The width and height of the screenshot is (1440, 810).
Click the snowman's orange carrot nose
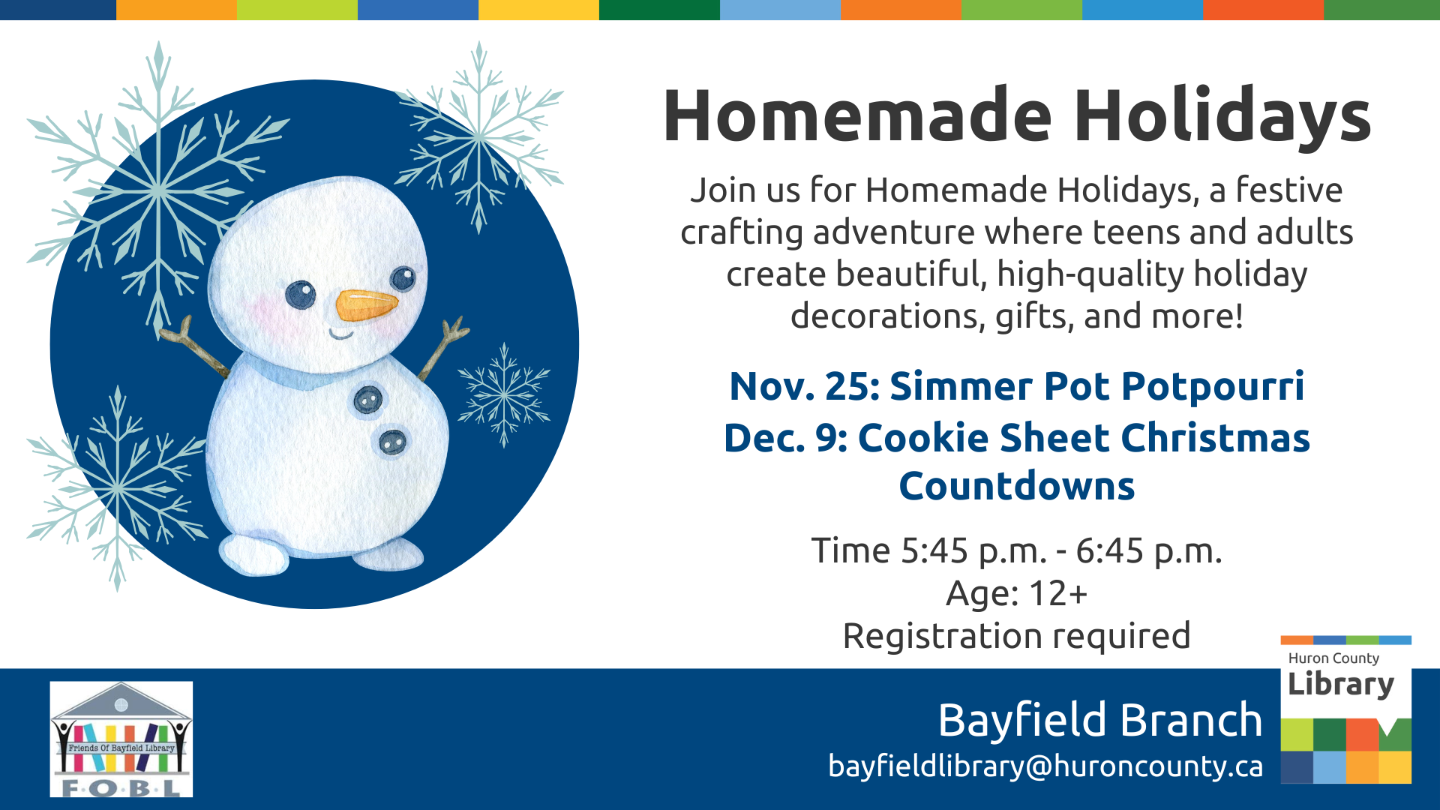(x=366, y=305)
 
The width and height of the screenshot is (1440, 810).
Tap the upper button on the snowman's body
(x=367, y=400)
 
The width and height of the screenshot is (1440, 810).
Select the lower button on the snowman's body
(x=391, y=442)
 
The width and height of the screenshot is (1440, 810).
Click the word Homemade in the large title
(x=858, y=116)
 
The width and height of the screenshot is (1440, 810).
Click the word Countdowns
(x=1017, y=486)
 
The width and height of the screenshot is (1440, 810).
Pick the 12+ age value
(x=1058, y=593)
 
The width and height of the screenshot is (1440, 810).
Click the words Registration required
(x=1016, y=637)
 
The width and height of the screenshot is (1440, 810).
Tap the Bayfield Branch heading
(x=1100, y=720)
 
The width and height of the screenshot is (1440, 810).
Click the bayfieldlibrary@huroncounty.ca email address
(x=1045, y=766)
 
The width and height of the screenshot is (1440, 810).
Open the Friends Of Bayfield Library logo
(x=121, y=739)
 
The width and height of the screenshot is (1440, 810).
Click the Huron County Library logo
(x=1346, y=709)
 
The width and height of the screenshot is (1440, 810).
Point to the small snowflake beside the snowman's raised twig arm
(x=504, y=394)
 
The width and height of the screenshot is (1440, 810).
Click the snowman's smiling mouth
(x=341, y=333)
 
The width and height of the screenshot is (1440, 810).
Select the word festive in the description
(x=1288, y=190)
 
